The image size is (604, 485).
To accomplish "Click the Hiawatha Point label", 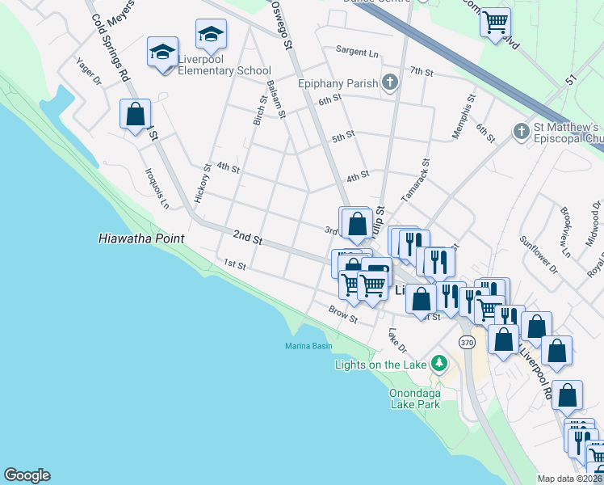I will pos(141,238).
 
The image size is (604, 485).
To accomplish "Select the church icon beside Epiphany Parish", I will pos(390,82).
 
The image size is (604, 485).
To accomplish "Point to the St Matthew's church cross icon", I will pos(521,130).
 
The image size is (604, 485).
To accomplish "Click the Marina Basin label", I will pos(308,346).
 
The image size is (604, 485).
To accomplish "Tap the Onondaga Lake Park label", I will pos(415,399).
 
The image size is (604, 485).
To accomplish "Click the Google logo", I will pos(27,475).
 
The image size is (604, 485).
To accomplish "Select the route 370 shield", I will pos(467,343).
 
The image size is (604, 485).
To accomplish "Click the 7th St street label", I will pos(422,72).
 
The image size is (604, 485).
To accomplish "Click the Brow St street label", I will pos(343,313).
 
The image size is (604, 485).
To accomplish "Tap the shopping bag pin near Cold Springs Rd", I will pos(135,115).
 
